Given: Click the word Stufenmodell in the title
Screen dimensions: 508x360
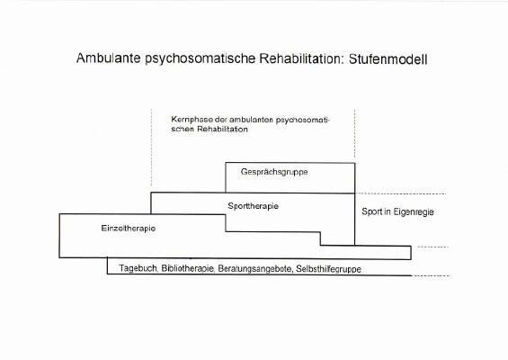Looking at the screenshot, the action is [388, 59].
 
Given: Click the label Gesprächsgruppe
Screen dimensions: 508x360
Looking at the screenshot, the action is [274, 172].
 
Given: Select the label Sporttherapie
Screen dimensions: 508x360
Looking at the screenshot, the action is [253, 206].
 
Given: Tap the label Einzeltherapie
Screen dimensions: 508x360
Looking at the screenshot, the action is [129, 229].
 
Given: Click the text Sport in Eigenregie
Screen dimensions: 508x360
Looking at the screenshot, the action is [397, 212].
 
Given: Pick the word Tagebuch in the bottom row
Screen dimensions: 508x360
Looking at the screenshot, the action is [138, 268].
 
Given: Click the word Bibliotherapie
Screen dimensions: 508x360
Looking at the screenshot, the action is [188, 269].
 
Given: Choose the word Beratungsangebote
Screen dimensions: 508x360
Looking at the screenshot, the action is [254, 269].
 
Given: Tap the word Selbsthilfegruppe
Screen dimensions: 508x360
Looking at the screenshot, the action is [328, 269].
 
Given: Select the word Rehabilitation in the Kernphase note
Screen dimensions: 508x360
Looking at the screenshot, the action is [222, 129].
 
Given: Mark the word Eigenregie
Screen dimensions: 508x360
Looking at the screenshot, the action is [414, 212].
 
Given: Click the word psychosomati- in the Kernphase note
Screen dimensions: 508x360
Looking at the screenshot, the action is [303, 121].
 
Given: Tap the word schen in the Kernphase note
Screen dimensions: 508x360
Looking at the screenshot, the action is [183, 129].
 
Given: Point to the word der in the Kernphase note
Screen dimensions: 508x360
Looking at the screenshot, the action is [221, 120].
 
